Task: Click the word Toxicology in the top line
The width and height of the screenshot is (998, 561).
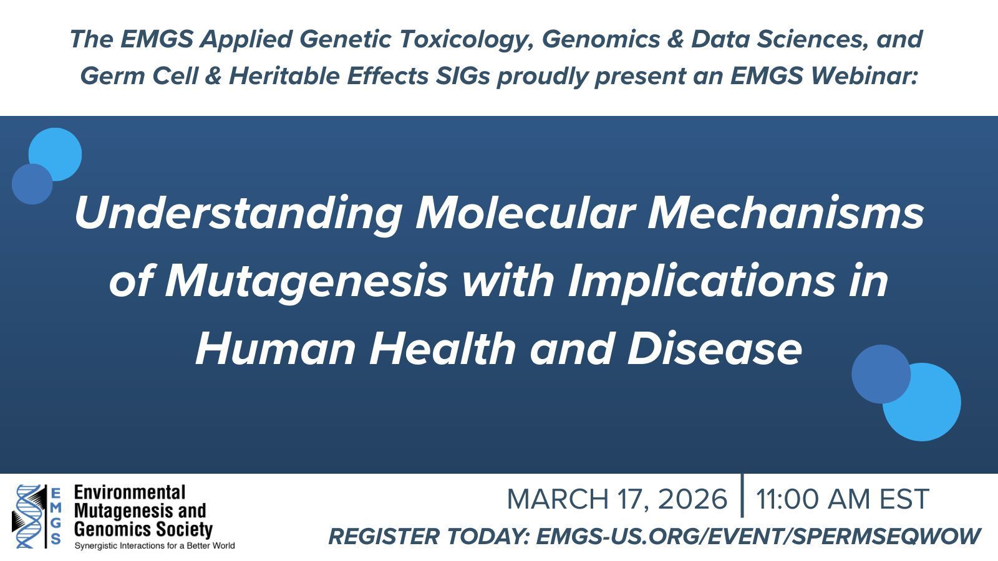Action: coord(466,40)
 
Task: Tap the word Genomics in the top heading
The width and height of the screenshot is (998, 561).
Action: coord(601,40)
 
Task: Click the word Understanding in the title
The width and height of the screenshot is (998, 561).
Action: coord(238,214)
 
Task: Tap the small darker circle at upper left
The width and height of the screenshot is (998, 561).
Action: coord(32,184)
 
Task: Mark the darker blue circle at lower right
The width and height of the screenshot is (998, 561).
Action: coord(881,374)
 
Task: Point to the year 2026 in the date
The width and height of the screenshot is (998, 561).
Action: coord(692,499)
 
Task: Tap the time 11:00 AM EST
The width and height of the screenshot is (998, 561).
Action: coord(843,499)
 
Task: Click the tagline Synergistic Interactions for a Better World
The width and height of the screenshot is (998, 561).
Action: coord(155,546)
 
